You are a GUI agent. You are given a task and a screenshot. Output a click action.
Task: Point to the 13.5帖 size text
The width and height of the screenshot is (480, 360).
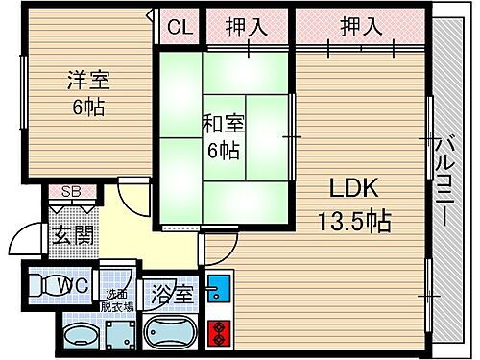(x=353, y=222)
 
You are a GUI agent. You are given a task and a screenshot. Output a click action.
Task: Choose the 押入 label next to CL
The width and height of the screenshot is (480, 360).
(x=247, y=26)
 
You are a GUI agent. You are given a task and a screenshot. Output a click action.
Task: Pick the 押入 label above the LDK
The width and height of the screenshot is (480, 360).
(x=361, y=26)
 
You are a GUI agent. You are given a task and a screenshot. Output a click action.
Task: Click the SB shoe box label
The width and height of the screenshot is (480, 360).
(x=71, y=191)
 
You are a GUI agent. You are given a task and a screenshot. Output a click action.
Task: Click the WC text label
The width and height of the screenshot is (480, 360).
(x=75, y=285)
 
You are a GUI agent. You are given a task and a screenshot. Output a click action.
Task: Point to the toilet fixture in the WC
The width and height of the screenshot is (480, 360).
(x=42, y=285)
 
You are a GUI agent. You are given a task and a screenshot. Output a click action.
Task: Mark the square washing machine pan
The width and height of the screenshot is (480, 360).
(x=121, y=337)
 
